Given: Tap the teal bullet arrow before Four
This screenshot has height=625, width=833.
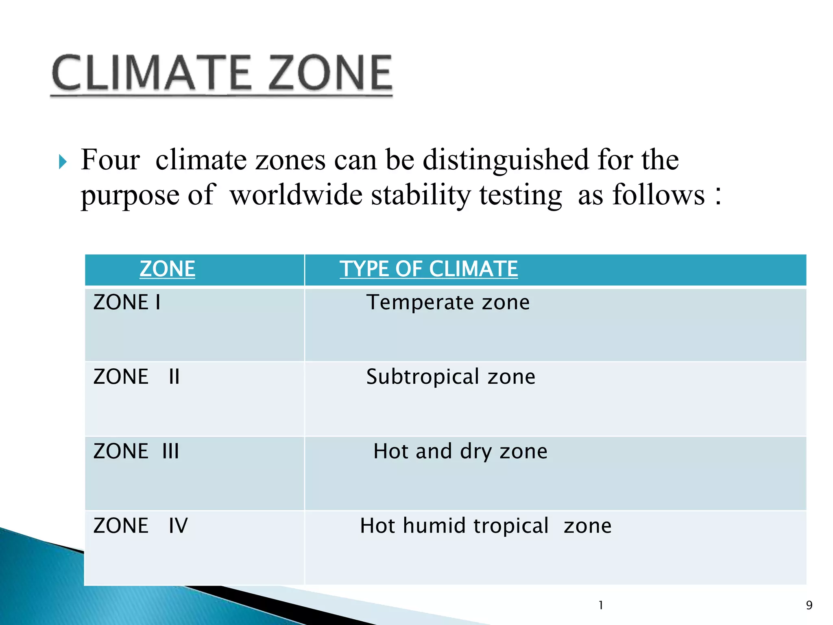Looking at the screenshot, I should (x=62, y=162).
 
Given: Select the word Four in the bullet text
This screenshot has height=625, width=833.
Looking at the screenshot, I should (x=110, y=160).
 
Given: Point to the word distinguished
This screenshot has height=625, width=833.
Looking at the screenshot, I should (x=506, y=160).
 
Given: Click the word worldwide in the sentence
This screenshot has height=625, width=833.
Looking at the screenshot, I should (x=296, y=195).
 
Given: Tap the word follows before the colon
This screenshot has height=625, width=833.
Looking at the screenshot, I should (x=659, y=195).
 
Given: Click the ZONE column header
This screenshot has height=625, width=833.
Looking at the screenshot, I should (x=167, y=269).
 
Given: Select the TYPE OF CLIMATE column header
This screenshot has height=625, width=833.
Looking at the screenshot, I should (x=429, y=269).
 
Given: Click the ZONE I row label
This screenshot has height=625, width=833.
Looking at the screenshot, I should (x=127, y=302).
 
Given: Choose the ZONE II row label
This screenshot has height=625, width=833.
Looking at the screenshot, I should (x=136, y=377).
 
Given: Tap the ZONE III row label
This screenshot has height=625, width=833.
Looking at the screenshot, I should (x=136, y=451).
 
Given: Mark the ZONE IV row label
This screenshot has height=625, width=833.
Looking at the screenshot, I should (x=140, y=526).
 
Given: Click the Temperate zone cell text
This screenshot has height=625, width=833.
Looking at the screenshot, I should (x=448, y=302).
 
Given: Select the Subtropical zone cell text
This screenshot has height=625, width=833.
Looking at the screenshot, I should (x=451, y=377).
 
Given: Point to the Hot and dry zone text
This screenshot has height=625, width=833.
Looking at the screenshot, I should (x=460, y=451).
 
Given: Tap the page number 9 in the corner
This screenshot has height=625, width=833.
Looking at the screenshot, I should (x=809, y=605).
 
